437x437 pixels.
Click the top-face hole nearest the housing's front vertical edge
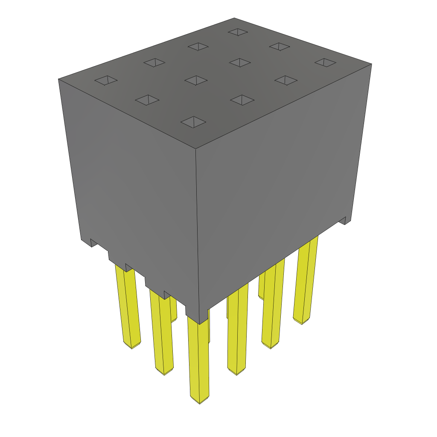(193, 122)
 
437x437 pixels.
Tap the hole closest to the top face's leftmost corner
(106, 80)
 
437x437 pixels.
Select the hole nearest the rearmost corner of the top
(238, 32)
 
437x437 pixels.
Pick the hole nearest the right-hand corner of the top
(326, 62)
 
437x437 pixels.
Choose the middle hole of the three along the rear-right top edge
(280, 47)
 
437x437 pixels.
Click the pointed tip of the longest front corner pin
(200, 402)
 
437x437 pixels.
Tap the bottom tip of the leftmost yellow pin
(132, 347)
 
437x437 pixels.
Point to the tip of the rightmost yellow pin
(302, 322)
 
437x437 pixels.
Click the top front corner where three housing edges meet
(195, 149)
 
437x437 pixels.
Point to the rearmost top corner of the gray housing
(234, 18)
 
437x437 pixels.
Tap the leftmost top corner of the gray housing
(58, 79)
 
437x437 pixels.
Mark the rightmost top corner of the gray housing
(371, 64)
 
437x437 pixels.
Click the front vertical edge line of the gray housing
(198, 235)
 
